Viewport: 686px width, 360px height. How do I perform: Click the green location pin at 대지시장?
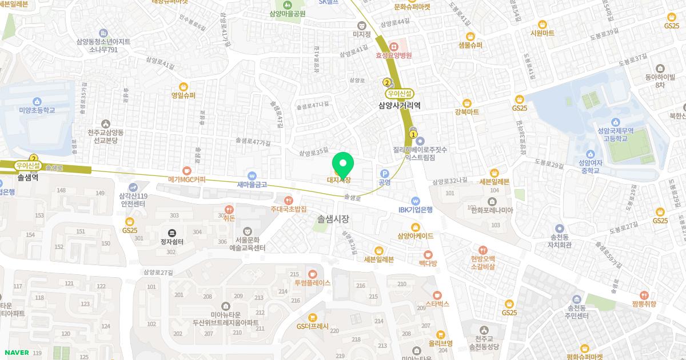click(343, 165)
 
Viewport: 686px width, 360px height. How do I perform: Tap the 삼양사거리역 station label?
click(400, 105)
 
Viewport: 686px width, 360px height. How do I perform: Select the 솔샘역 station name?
click(27, 178)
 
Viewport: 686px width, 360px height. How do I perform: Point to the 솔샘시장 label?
click(333, 219)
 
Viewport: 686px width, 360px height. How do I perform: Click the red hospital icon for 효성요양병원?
click(393, 46)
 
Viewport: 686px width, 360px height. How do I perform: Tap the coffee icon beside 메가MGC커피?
click(186, 170)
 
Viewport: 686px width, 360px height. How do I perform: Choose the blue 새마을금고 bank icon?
click(252, 175)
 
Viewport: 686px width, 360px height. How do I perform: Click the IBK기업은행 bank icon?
click(416, 201)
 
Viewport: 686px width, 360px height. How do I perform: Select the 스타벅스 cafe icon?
click(437, 295)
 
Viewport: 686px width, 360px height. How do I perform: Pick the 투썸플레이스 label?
click(313, 283)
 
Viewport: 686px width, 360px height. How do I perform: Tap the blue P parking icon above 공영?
click(384, 173)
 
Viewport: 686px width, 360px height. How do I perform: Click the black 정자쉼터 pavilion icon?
click(171, 233)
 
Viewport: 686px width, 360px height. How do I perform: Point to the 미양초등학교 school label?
click(37, 110)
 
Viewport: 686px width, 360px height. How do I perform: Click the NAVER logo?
click(16, 353)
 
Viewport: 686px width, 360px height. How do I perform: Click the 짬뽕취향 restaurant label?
click(644, 304)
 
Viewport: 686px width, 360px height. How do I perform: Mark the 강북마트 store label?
click(466, 112)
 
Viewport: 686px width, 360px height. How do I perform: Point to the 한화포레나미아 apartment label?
click(492, 210)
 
